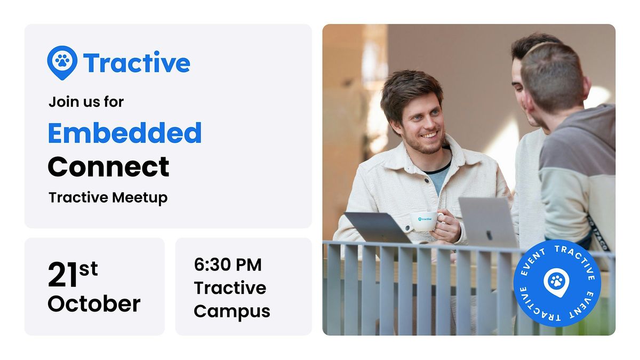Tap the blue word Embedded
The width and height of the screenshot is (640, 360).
(x=125, y=133)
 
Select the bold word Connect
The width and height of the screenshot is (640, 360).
(x=109, y=166)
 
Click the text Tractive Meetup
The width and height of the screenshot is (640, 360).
(x=108, y=198)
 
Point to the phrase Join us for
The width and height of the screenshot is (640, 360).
(x=86, y=102)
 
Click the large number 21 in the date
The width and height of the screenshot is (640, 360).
(x=62, y=274)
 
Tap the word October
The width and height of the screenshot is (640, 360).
(x=94, y=303)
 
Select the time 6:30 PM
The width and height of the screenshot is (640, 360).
(x=228, y=265)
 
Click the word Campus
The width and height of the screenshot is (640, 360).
(x=232, y=311)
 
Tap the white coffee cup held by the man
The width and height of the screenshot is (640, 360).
(x=425, y=221)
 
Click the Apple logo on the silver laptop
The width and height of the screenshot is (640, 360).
(x=489, y=235)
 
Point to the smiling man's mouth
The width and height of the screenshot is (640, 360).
(x=429, y=135)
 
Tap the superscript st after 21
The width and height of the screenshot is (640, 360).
(x=89, y=269)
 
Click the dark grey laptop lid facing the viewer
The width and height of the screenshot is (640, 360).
(x=378, y=228)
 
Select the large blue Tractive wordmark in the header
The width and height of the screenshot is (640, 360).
(x=137, y=62)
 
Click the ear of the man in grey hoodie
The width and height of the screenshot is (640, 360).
(x=586, y=89)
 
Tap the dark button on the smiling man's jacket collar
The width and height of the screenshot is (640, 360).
(x=427, y=181)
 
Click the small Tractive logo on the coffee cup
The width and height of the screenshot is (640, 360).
(x=425, y=219)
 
